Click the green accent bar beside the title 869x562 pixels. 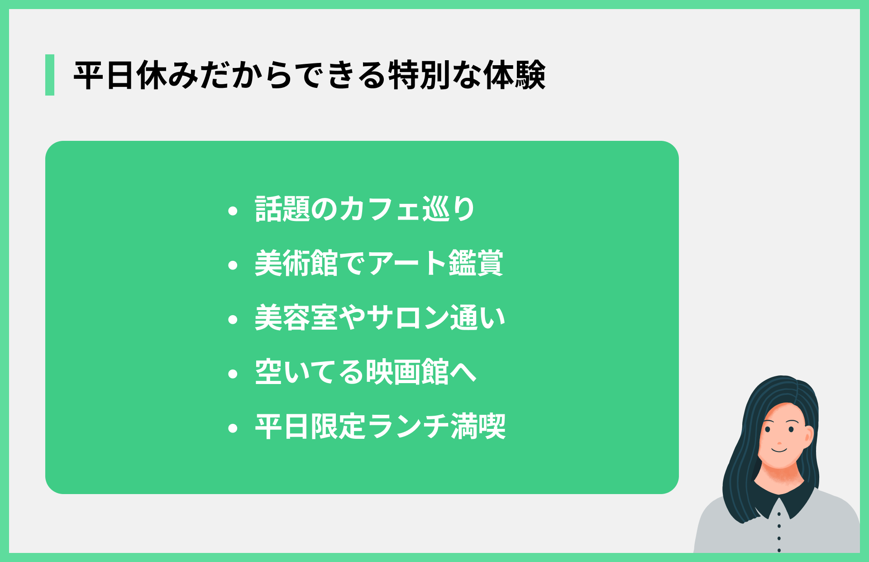(50, 75)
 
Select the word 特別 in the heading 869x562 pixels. (419, 75)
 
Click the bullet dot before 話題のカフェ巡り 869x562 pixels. (233, 211)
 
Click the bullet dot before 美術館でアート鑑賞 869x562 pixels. (233, 265)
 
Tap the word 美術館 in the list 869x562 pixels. (296, 263)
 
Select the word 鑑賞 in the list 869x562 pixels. (476, 263)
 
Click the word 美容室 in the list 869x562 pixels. (296, 318)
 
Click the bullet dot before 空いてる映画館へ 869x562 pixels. (233, 374)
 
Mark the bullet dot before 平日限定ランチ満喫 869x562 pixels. (233, 428)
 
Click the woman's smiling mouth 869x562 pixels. (779, 450)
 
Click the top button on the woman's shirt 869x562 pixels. (779, 514)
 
